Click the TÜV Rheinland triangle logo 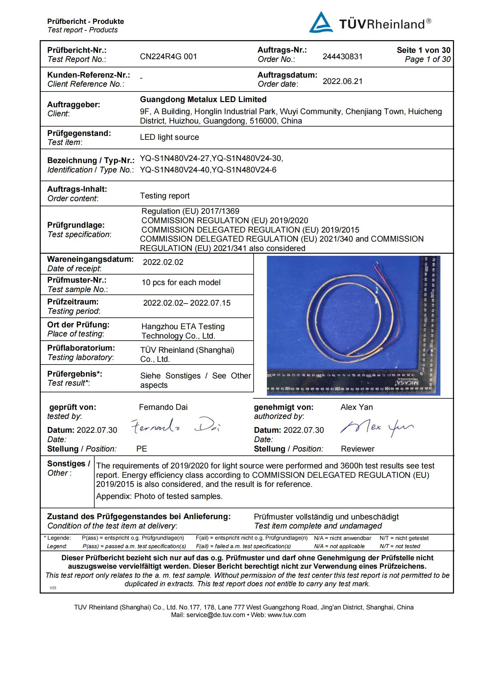pyautogui.click(x=321, y=23)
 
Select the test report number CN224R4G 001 pyautogui.click(x=168, y=56)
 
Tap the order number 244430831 pyautogui.click(x=342, y=56)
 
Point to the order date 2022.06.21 pyautogui.click(x=342, y=81)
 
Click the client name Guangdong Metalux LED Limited pyautogui.click(x=203, y=99)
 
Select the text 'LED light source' pyautogui.click(x=169, y=137)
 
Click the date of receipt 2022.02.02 pyautogui.click(x=163, y=262)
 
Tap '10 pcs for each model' pyautogui.click(x=181, y=282)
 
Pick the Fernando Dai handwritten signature pyautogui.click(x=175, y=426)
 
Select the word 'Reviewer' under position pyautogui.click(x=358, y=449)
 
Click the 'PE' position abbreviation pyautogui.click(x=141, y=449)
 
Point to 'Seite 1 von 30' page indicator pyautogui.click(x=423, y=50)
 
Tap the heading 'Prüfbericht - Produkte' pyautogui.click(x=86, y=21)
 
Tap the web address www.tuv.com pyautogui.click(x=287, y=615)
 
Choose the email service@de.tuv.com pyautogui.click(x=216, y=615)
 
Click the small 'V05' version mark pyautogui.click(x=53, y=588)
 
